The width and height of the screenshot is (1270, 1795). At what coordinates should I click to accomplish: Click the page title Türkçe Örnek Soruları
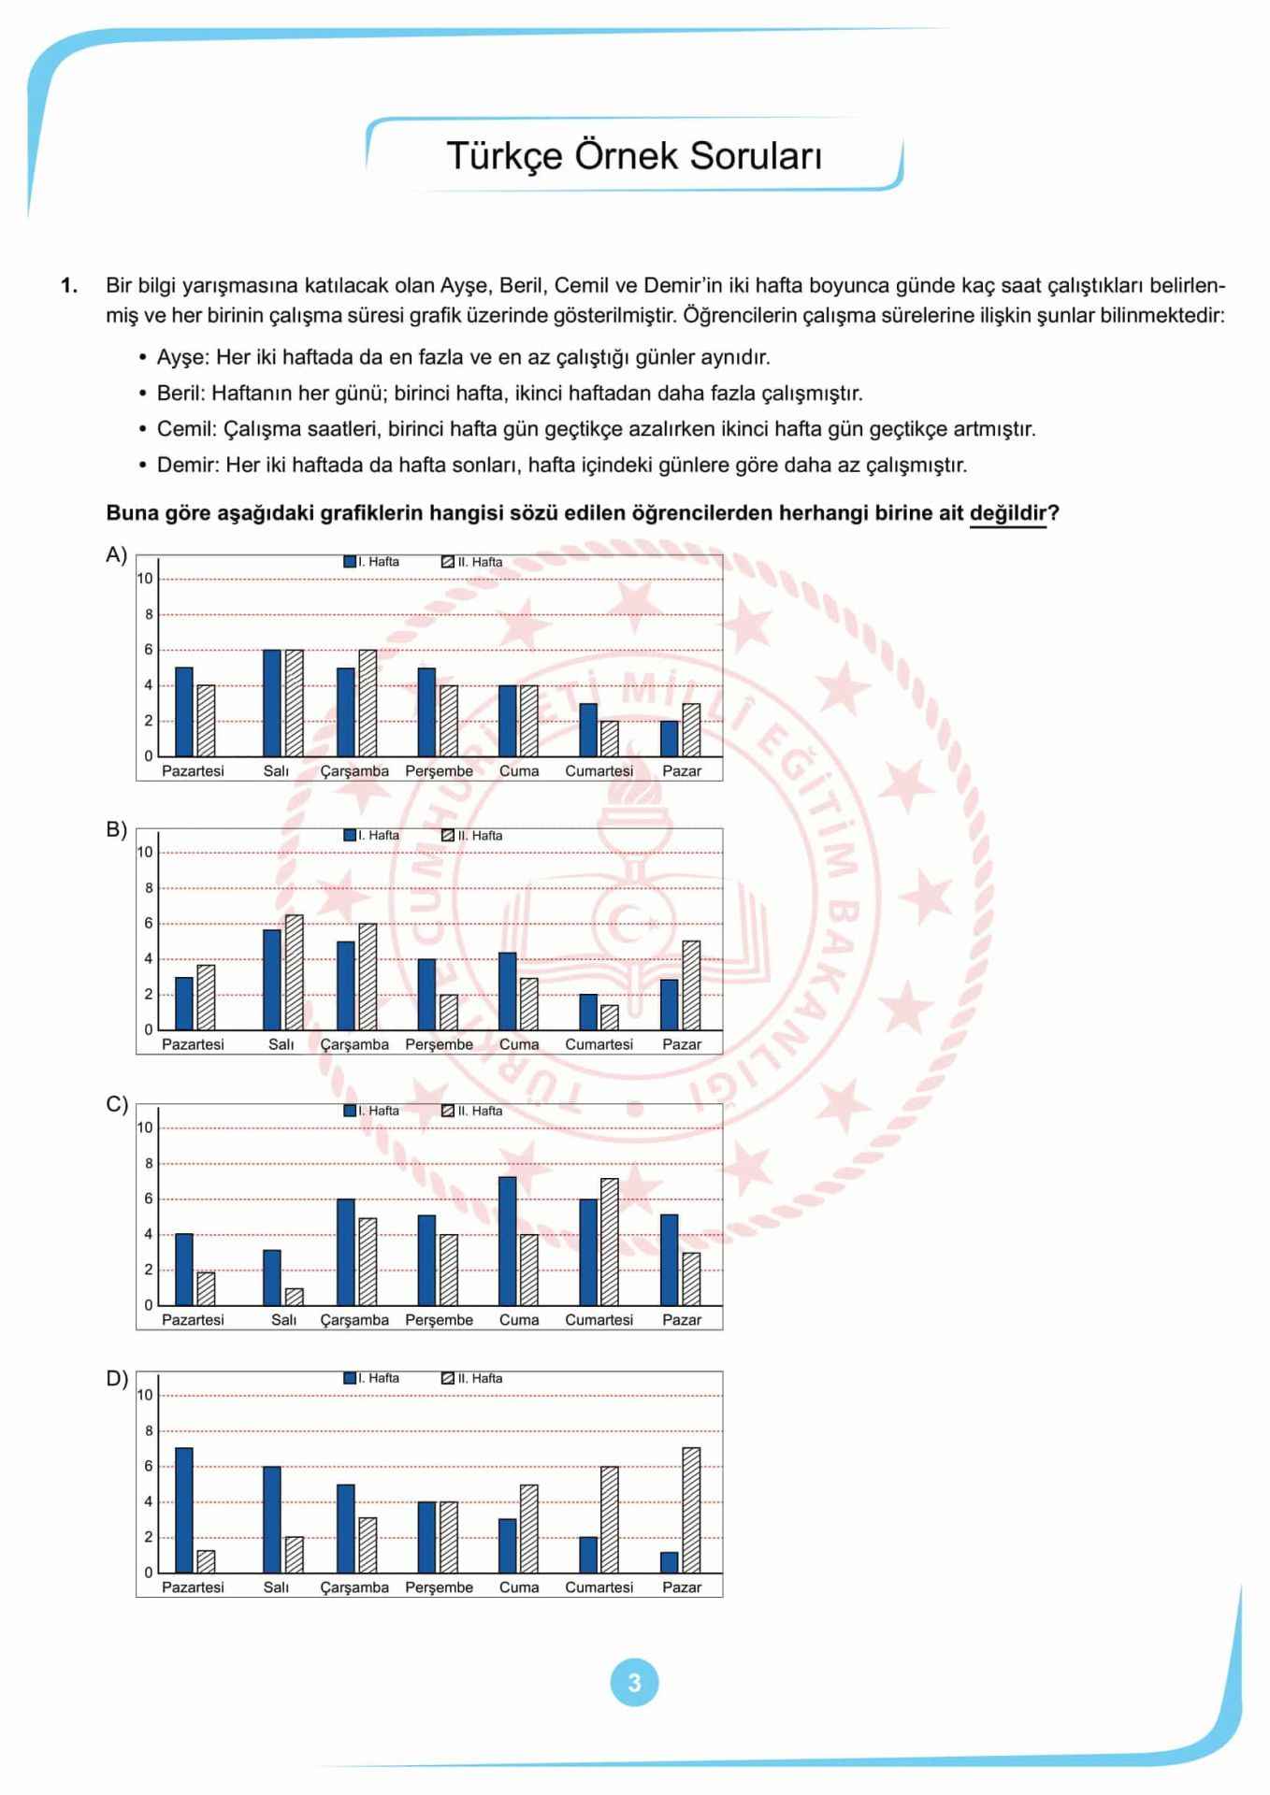(634, 156)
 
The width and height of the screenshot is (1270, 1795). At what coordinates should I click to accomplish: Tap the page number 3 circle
(634, 1683)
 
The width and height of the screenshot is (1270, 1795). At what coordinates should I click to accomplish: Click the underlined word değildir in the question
(1007, 513)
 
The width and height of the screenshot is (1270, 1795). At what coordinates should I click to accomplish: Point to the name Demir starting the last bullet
(187, 465)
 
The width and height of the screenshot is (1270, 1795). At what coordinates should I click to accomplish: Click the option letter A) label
(116, 555)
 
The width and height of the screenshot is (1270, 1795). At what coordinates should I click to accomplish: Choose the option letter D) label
(116, 1378)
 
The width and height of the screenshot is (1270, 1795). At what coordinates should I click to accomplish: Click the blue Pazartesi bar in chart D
(184, 1510)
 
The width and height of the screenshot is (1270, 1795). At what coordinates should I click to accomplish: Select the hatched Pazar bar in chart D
(691, 1510)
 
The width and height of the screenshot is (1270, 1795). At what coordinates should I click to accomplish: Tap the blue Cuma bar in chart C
(508, 1241)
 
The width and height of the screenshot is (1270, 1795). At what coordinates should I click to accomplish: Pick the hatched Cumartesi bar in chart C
(610, 1242)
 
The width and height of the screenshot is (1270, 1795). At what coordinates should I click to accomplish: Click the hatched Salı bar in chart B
(295, 972)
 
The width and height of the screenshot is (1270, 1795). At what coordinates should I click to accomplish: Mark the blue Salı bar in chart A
(272, 703)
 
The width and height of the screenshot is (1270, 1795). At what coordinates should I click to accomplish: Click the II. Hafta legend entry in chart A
(473, 562)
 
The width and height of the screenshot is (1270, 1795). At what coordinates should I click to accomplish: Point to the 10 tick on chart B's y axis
(145, 852)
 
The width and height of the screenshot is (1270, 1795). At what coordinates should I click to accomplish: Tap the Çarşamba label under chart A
(354, 771)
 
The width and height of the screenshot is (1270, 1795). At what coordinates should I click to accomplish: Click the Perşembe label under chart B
(439, 1044)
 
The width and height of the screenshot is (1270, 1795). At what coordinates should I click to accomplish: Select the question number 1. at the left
(69, 286)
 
